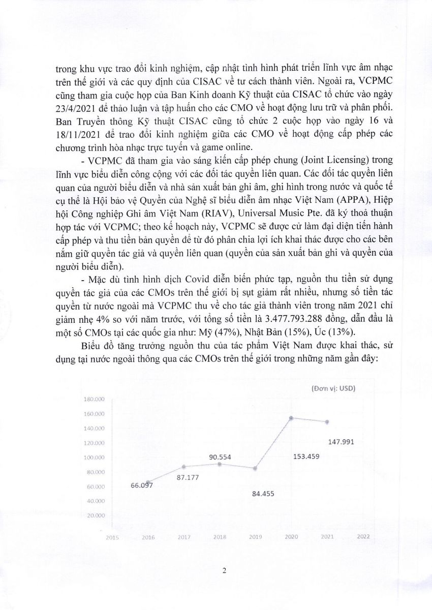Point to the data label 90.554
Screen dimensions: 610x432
tap(220, 457)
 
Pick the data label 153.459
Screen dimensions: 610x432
tap(306, 456)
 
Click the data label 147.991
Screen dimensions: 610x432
tap(343, 441)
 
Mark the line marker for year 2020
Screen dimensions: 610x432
tap(291, 418)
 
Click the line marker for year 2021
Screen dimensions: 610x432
tap(327, 422)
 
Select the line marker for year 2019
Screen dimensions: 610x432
tap(255, 468)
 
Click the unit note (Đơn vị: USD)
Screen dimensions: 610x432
tap(333, 388)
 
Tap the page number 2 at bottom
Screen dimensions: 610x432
tap(224, 570)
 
